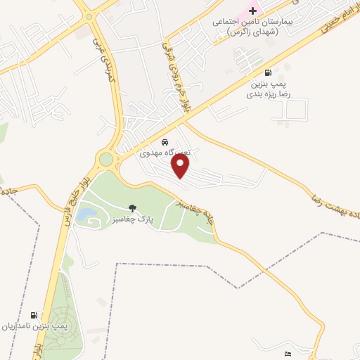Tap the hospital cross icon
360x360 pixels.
pos(252,12)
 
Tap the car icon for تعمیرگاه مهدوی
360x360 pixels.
pos(165,141)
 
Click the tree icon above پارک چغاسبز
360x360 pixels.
pos(132,208)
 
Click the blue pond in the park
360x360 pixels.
pos(86,212)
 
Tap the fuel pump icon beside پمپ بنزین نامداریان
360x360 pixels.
pos(34,314)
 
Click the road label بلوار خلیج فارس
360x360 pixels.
pos(75,190)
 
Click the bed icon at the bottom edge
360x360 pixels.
pos(288,354)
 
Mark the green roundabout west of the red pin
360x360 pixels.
pos(105,160)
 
